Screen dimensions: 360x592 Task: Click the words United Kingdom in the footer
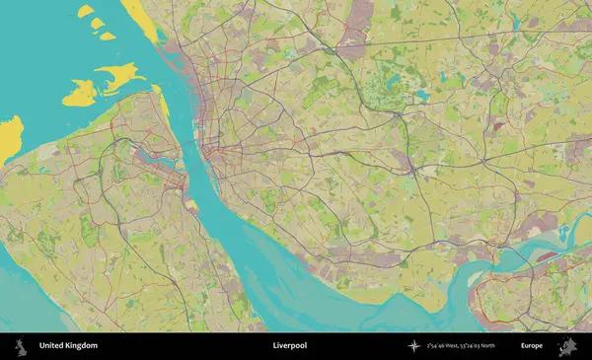68,346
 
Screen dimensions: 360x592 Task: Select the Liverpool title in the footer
290,346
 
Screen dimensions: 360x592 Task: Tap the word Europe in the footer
532,346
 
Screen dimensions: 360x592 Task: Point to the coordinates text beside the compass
460,346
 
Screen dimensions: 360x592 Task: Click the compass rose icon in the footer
414,346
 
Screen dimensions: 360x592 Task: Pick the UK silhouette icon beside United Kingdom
19,346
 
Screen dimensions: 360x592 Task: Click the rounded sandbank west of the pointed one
80,94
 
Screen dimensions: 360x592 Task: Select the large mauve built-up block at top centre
352,46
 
